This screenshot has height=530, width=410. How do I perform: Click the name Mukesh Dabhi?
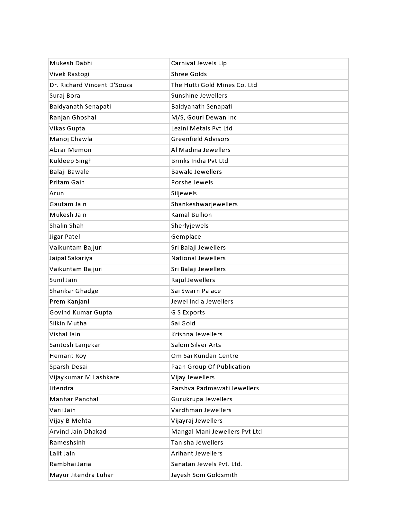[71, 63]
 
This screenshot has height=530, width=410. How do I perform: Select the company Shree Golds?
[189, 74]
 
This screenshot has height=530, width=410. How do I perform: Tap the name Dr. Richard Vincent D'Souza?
[91, 85]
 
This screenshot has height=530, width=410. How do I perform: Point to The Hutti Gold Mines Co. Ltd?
[214, 85]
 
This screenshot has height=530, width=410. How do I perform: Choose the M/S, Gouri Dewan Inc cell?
[204, 118]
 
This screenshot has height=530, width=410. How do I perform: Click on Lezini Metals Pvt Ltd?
[202, 128]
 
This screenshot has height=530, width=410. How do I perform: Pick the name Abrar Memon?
[70, 150]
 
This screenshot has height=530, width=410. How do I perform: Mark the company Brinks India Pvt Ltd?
[199, 161]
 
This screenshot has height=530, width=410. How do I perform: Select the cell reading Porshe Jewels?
[192, 182]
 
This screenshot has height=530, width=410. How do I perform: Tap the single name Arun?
[57, 193]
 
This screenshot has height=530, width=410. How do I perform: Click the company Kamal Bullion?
[191, 215]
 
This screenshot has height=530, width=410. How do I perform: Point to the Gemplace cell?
[186, 237]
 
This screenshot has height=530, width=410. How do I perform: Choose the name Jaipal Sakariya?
[71, 258]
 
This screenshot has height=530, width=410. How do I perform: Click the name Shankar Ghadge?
[74, 291]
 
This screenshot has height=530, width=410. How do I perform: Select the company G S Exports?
[188, 313]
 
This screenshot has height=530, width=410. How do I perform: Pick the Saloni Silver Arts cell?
[196, 345]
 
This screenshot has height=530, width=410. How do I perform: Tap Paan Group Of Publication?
[210, 367]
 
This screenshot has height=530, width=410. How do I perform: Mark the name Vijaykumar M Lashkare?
[84, 377]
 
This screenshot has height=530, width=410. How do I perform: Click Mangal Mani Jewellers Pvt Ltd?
[216, 432]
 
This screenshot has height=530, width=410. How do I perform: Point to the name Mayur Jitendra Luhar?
[81, 475]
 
